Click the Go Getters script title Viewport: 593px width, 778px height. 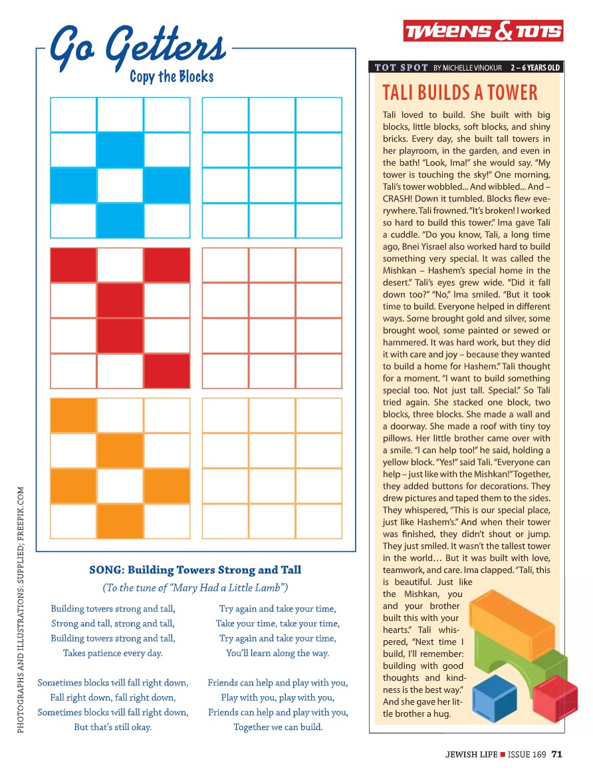138,47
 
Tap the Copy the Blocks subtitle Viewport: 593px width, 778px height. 172,77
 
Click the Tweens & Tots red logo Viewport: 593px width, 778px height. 483,31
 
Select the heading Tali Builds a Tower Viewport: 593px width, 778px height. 460,93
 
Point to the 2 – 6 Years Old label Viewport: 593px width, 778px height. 535,67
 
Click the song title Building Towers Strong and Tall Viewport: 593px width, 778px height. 195,570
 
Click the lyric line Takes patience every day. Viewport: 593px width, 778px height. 113,653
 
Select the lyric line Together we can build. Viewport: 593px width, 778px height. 278,727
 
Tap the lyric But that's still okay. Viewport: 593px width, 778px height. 113,727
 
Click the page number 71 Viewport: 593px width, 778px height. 557,754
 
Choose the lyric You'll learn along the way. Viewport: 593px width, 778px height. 278,653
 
